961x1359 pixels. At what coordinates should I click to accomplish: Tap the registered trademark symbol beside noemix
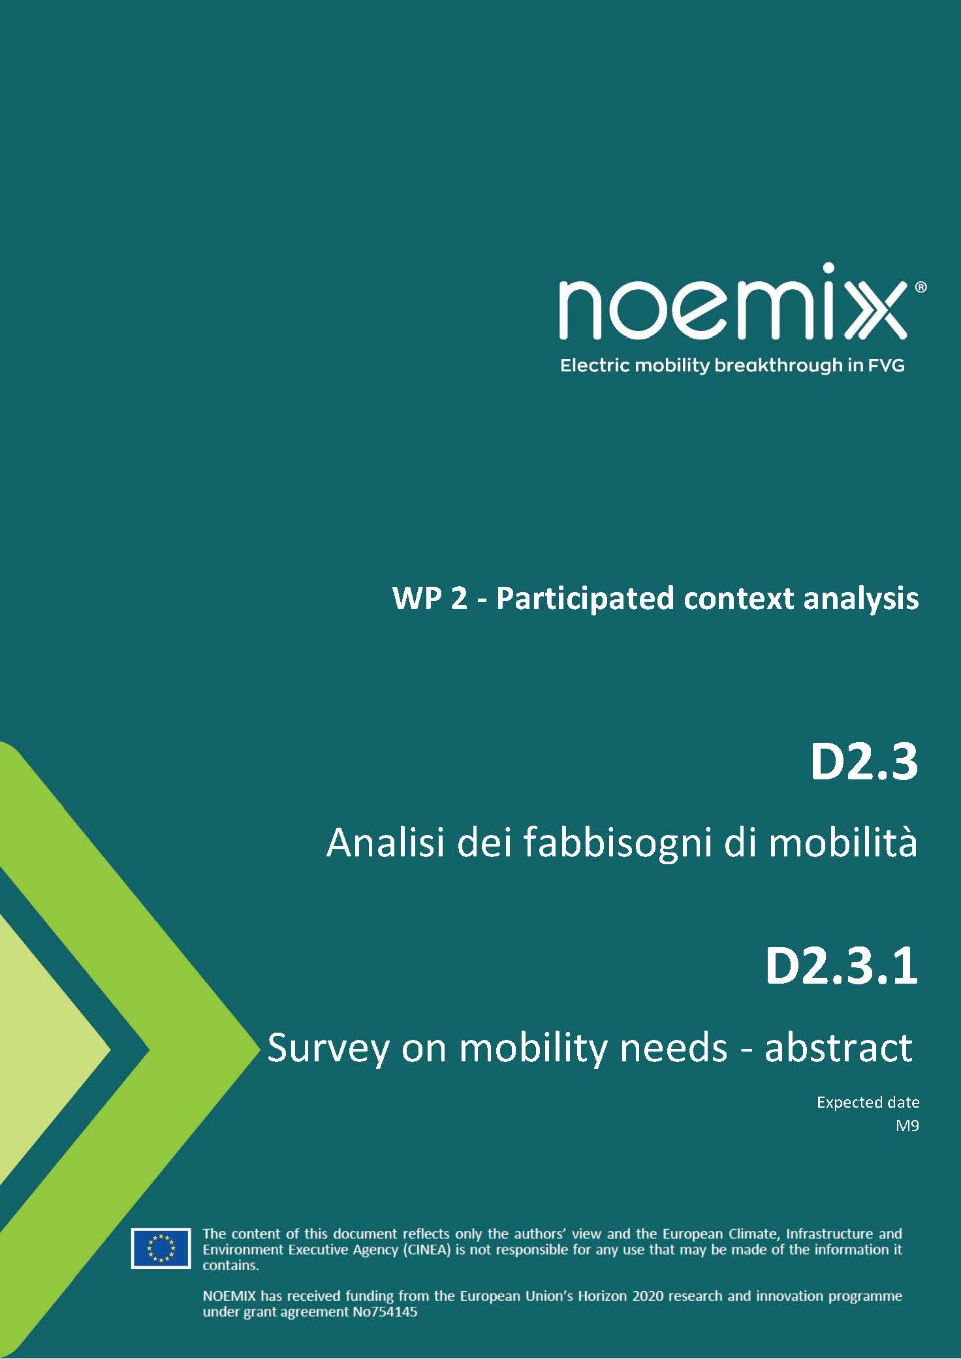(921, 287)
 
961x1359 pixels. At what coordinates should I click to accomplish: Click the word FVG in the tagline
(886, 366)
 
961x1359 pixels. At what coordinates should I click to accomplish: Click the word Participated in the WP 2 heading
(584, 599)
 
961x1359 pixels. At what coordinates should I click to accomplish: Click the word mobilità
(843, 842)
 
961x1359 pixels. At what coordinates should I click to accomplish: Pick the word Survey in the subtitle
(325, 1048)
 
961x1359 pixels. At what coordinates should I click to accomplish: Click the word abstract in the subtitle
(838, 1047)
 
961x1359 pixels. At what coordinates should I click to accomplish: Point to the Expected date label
(868, 1102)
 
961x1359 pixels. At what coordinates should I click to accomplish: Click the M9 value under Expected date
(907, 1125)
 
